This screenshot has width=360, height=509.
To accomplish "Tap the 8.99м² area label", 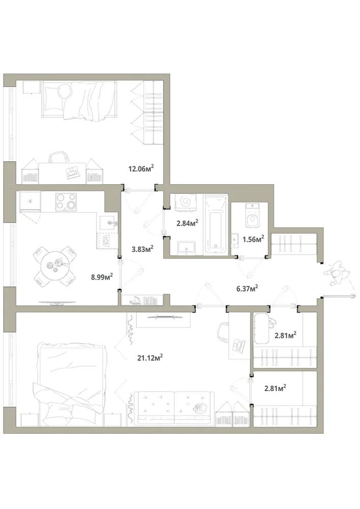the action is pos(102,277).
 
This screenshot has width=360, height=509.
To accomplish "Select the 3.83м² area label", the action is pos(143,249).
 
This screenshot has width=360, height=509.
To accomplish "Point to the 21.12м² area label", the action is pos(150,357).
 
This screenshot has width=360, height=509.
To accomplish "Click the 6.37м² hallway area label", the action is pos(247,288).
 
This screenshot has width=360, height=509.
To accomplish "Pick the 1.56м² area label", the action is pos(253,239).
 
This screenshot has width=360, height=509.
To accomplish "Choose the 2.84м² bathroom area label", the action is pos(187,223).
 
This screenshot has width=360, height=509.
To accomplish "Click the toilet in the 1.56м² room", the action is pos(252,215).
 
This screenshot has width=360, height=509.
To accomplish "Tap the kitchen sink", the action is pos(109,223).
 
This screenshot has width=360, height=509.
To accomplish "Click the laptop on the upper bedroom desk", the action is pos(72,172).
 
